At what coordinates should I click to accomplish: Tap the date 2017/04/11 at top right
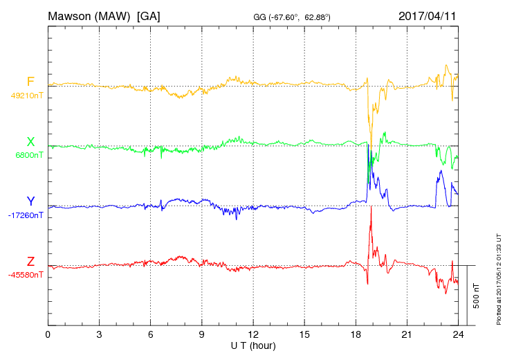[428, 15]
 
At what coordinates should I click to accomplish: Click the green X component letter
[30, 142]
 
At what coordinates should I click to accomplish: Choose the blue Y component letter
[30, 201]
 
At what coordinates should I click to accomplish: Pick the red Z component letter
[30, 262]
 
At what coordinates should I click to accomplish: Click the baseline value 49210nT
[26, 96]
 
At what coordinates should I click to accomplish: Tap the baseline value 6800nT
[29, 155]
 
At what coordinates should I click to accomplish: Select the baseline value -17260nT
[26, 215]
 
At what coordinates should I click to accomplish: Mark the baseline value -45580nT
[26, 275]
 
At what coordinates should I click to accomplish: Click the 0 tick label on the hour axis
[48, 335]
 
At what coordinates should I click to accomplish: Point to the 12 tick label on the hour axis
[253, 335]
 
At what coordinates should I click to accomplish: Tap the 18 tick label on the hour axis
[356, 335]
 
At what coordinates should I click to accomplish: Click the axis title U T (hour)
[253, 345]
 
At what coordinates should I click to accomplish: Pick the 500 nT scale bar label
[476, 295]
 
